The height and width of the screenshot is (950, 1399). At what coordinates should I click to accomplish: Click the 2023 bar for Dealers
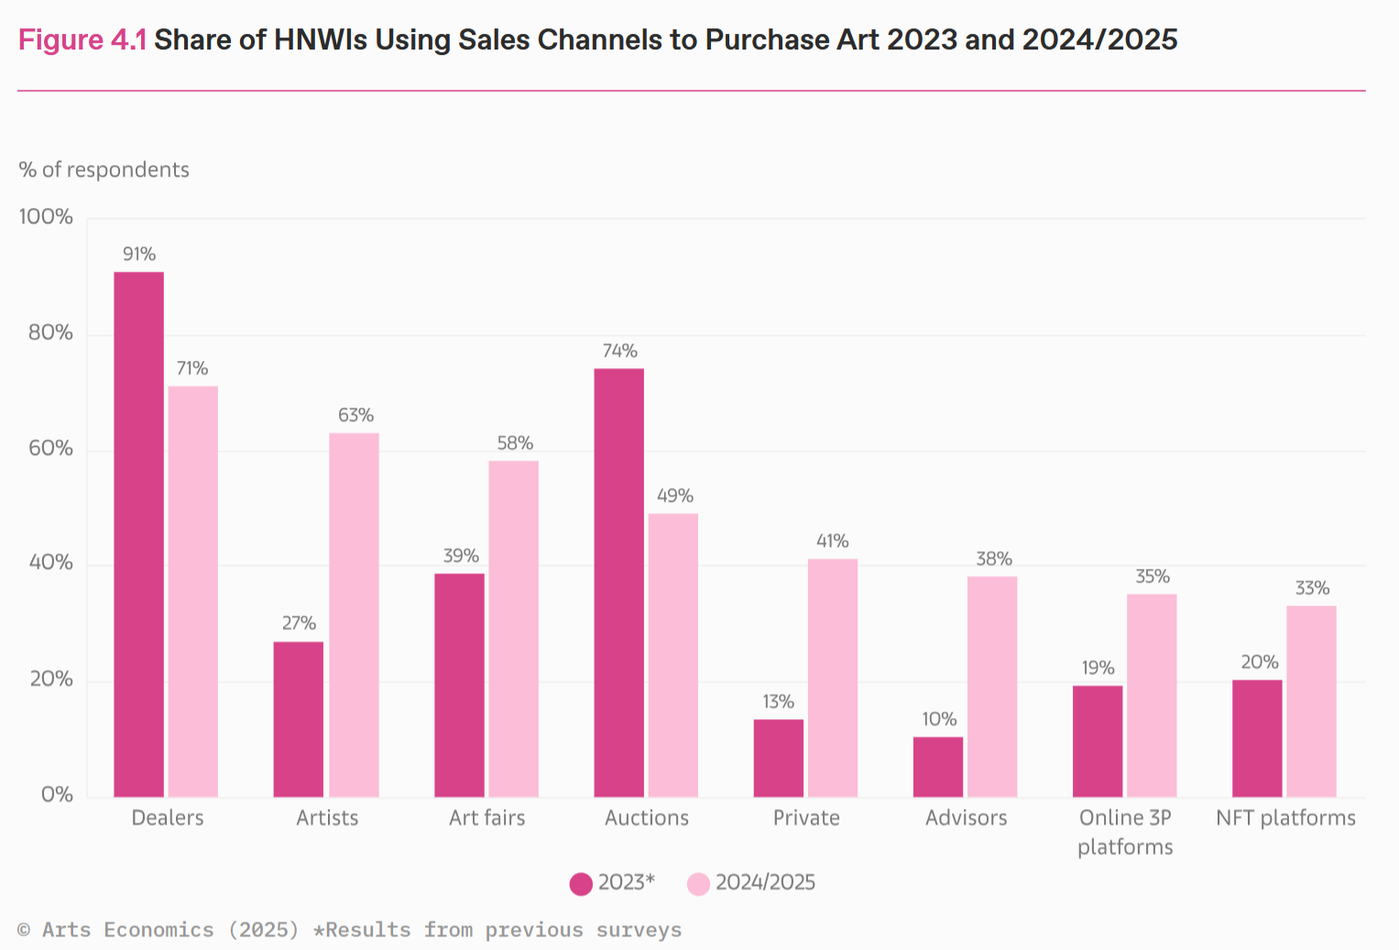click(138, 534)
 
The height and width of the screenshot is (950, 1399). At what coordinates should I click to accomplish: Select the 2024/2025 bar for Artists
click(355, 615)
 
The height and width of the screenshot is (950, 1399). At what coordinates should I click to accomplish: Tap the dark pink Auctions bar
click(619, 583)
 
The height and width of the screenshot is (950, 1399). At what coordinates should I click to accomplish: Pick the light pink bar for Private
click(833, 678)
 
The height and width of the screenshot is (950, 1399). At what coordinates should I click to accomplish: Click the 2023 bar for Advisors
click(938, 767)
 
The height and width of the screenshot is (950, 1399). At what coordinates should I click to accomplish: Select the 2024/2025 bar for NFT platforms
click(1312, 702)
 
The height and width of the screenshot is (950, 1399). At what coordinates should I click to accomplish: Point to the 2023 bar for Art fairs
click(459, 685)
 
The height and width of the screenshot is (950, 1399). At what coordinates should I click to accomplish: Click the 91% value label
click(139, 254)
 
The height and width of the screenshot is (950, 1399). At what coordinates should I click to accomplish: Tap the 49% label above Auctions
click(674, 496)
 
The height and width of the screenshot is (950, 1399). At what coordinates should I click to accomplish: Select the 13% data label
click(778, 702)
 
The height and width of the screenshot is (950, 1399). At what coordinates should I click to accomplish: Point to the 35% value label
click(1153, 576)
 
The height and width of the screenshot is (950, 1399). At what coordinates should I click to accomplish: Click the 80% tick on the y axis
click(50, 333)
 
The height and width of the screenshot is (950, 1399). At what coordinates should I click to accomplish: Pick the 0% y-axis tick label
click(57, 794)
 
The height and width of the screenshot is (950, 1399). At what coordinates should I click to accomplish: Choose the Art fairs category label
click(487, 817)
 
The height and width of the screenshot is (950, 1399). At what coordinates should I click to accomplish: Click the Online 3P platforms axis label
click(1125, 832)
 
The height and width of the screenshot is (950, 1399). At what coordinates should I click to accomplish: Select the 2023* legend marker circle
click(581, 884)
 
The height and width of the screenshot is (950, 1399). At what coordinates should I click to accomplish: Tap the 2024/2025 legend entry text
click(765, 882)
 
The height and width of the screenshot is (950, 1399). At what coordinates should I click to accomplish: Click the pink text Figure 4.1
click(82, 40)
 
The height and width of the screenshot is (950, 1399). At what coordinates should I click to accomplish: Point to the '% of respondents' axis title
click(104, 169)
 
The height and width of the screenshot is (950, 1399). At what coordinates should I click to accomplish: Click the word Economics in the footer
click(158, 930)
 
